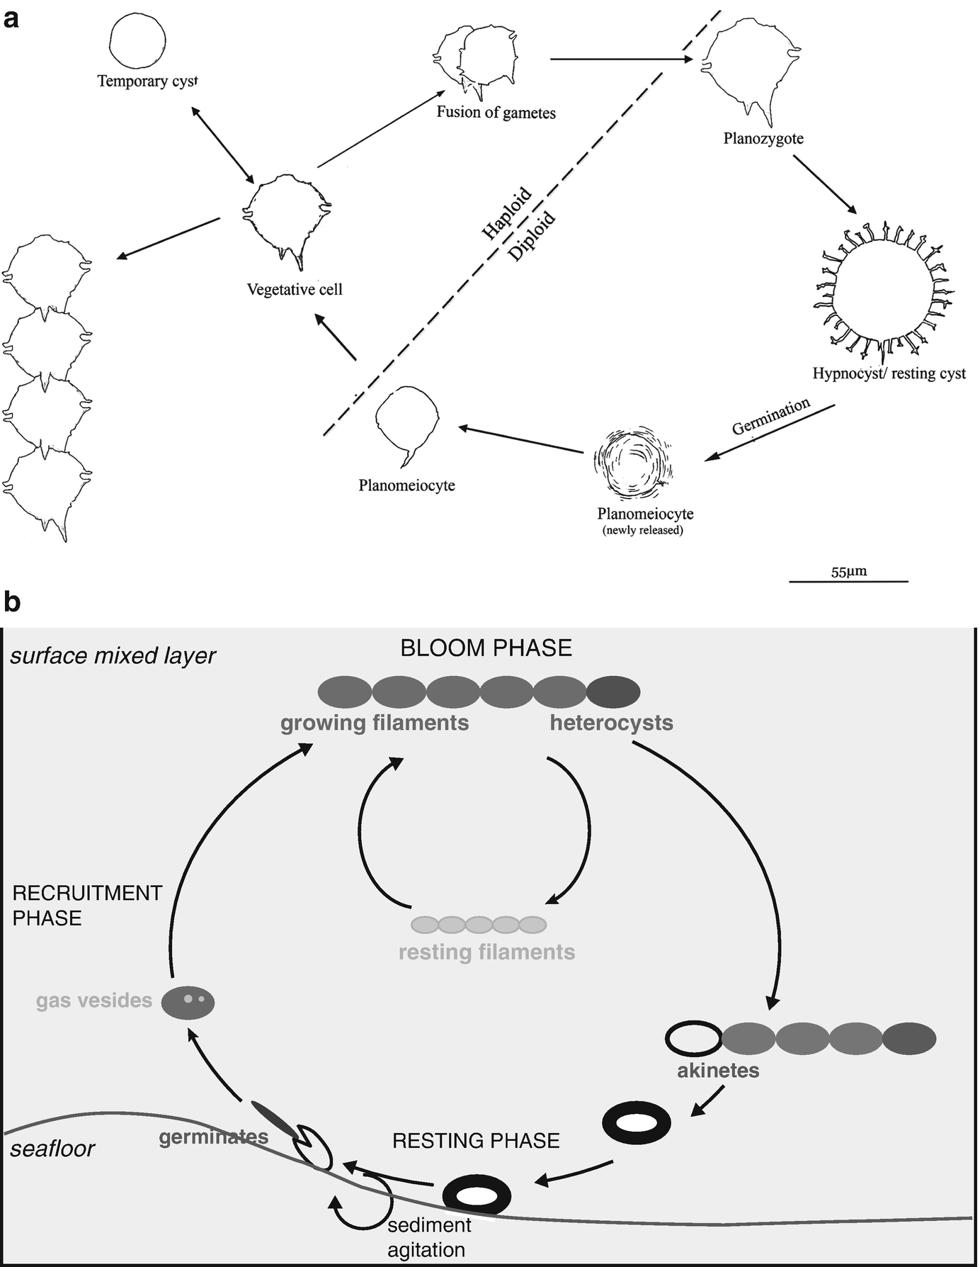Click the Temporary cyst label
point(147,81)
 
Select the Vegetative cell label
point(295,289)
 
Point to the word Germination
point(770,417)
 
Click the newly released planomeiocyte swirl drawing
point(633,463)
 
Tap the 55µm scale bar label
point(848,571)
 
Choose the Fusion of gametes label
point(496,112)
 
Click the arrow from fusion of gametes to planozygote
point(620,60)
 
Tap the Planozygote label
point(763,138)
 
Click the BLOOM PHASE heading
point(486,648)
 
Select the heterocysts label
point(611,723)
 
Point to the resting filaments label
point(486,952)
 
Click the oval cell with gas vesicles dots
point(188,1002)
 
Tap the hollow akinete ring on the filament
point(693,1038)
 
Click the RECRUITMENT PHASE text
point(87,905)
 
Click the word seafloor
point(52,1148)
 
